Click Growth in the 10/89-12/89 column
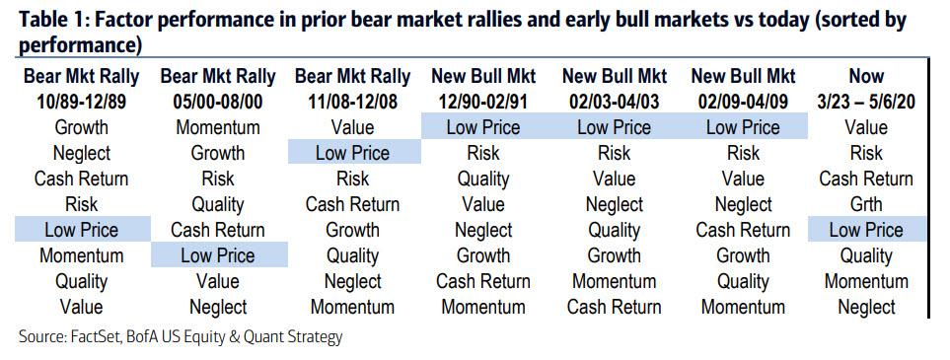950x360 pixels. [81, 127]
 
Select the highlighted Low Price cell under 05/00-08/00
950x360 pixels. [219, 255]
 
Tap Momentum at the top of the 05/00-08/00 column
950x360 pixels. [217, 127]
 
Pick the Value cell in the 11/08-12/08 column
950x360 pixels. [352, 127]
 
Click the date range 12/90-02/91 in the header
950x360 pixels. [483, 102]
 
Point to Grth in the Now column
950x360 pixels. [866, 204]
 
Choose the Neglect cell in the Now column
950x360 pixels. [866, 307]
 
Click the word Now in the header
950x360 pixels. [866, 76]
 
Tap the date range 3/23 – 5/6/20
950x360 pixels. [866, 102]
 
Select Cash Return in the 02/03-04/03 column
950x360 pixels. [614, 307]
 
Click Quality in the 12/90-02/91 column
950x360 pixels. [483, 179]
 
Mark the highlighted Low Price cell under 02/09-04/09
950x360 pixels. [743, 127]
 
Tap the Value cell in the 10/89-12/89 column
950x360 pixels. [81, 307]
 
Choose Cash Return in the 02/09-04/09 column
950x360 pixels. [743, 230]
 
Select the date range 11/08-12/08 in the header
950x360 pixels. [352, 102]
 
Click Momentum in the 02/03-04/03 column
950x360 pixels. [614, 281]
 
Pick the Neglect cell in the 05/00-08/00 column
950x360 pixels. [218, 307]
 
